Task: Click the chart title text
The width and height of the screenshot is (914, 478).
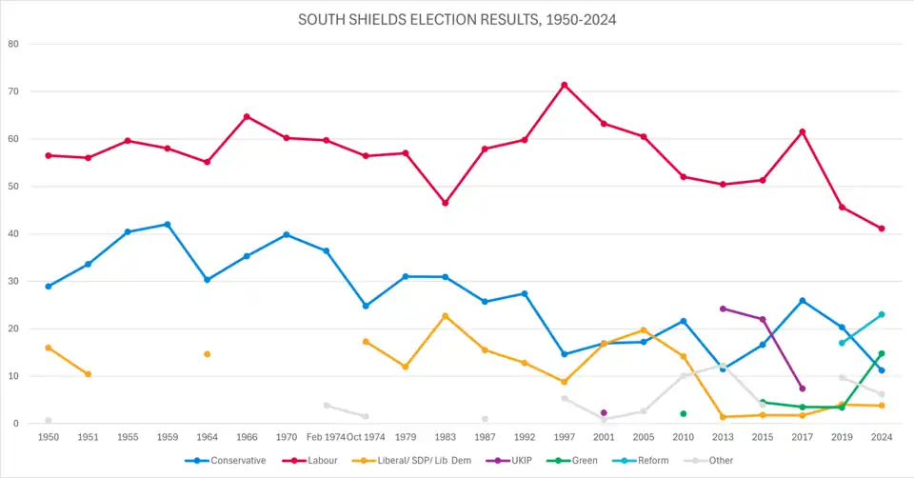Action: click(457, 19)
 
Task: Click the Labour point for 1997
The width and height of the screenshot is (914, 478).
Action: click(565, 85)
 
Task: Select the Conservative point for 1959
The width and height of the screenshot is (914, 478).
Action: click(168, 225)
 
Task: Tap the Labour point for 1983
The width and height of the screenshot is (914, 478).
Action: click(446, 203)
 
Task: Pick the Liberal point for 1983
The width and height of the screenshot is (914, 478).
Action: click(446, 316)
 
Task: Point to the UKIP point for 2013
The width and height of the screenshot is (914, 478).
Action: click(724, 309)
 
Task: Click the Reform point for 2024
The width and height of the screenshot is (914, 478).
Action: click(882, 314)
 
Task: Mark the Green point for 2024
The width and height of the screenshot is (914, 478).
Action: click(882, 353)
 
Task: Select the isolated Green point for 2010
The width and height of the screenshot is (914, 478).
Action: click(684, 413)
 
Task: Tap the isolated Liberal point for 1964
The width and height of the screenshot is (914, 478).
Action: click(208, 354)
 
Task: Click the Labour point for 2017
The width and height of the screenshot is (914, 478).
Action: click(803, 131)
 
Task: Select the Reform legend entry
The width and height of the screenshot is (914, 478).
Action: click(646, 461)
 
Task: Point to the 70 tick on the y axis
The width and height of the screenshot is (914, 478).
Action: click(13, 91)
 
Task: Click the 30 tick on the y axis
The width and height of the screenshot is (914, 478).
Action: click(13, 281)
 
